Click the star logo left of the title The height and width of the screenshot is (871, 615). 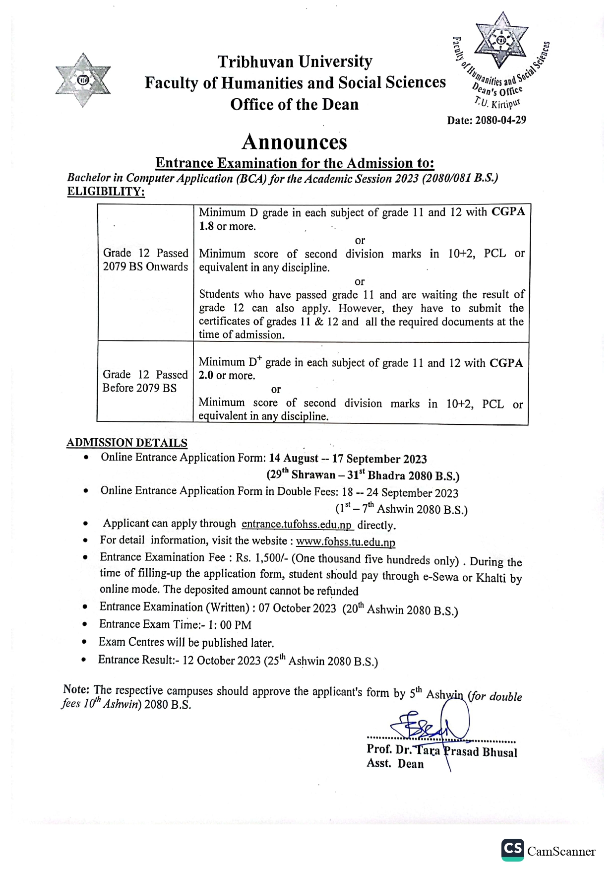click(x=83, y=80)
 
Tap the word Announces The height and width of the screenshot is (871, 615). click(x=294, y=142)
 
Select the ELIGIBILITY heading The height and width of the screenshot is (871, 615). click(x=106, y=192)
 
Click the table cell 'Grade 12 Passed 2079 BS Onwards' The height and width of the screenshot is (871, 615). click(x=145, y=260)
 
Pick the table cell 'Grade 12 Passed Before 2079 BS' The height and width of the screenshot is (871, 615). click(x=145, y=381)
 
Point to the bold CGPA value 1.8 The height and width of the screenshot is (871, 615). click(x=206, y=226)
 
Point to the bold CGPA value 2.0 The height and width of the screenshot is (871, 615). click(x=206, y=376)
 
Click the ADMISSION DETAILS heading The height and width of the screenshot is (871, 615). click(x=127, y=443)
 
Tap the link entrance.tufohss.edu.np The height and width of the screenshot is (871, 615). click(x=297, y=525)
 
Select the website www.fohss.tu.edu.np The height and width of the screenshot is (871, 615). click(x=346, y=541)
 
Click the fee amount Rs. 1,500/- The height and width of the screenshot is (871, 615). click(x=262, y=558)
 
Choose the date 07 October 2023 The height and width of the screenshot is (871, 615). click(x=297, y=608)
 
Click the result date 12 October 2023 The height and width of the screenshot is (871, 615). click(x=221, y=661)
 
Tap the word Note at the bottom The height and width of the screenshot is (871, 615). click(x=76, y=689)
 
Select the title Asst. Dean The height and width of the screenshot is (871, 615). click(x=395, y=764)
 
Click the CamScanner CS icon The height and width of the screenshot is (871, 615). click(x=512, y=850)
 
